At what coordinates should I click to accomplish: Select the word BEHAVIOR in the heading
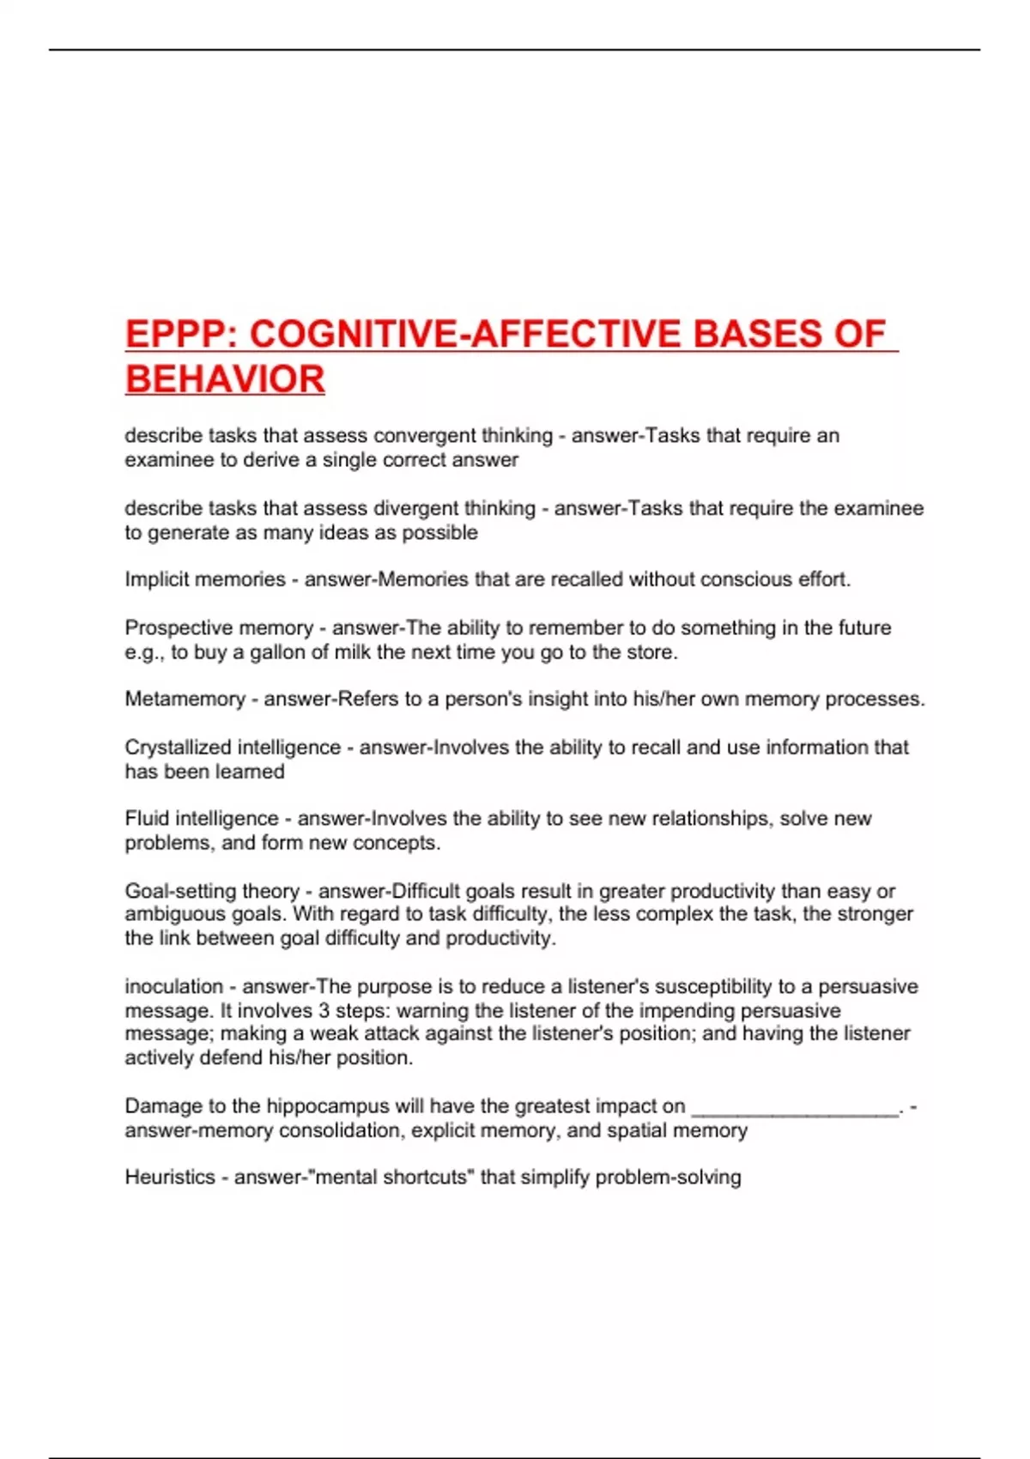225,379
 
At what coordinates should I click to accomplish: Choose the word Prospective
176,627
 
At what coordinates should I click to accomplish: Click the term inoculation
173,986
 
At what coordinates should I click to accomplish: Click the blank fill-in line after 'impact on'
794,1109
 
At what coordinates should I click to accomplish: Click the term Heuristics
169,1177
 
